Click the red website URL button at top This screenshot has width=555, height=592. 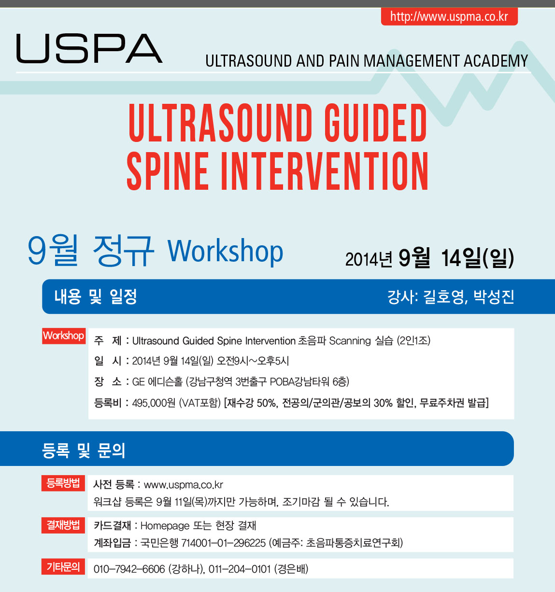449,16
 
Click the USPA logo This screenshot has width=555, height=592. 89,48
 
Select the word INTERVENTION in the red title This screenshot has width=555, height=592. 324,171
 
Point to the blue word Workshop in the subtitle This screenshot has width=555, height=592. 225,251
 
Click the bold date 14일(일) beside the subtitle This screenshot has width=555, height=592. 477,258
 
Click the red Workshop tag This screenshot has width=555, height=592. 64,336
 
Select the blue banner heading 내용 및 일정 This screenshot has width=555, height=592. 96,296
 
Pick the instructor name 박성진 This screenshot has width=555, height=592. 494,296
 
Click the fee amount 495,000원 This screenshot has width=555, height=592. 154,403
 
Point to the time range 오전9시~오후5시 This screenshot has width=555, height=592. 253,361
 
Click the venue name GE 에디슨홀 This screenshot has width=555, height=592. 157,382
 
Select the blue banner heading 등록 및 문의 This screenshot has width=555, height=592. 84,451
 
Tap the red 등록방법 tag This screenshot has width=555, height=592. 63,483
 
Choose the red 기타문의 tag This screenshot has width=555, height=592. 63,566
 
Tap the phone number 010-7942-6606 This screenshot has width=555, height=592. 129,569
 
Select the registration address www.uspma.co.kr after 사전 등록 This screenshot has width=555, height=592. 184,485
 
